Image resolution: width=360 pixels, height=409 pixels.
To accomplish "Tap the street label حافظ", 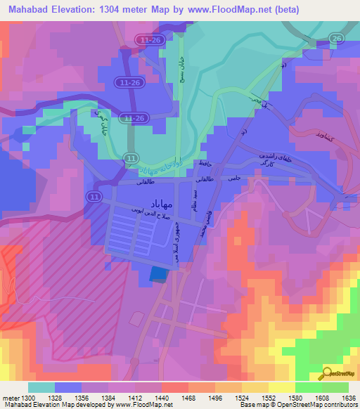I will click(x=205, y=164).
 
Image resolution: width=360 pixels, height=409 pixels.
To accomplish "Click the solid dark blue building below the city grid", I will click(x=160, y=275).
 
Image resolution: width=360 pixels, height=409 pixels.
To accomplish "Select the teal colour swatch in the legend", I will click(x=41, y=387).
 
